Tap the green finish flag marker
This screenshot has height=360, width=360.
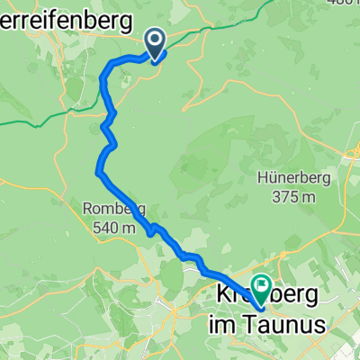click(262, 288)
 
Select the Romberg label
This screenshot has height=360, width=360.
click(114, 211)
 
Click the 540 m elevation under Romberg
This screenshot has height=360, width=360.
click(114, 228)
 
